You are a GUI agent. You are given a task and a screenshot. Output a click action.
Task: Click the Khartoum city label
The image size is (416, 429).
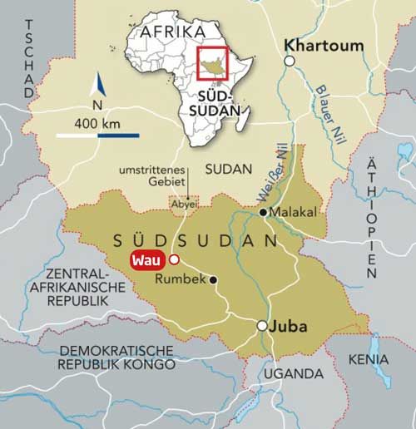[324, 45]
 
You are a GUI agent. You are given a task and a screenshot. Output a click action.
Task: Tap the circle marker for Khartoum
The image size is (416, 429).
[290, 61]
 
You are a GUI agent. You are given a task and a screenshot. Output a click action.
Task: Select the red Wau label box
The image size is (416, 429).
[147, 259]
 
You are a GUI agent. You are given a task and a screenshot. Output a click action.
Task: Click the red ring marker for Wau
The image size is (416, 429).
[174, 259]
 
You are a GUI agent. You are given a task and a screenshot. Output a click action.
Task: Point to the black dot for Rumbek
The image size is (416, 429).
[214, 280]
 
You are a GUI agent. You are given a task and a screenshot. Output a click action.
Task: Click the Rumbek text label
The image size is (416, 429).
[181, 280]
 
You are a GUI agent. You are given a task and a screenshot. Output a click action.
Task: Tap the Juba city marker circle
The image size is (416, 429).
[262, 326]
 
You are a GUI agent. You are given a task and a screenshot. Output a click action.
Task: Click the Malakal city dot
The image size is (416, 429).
[263, 213]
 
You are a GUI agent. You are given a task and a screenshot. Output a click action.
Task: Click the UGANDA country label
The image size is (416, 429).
[294, 373]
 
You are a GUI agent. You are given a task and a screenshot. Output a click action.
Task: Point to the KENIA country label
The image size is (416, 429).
[368, 359]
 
